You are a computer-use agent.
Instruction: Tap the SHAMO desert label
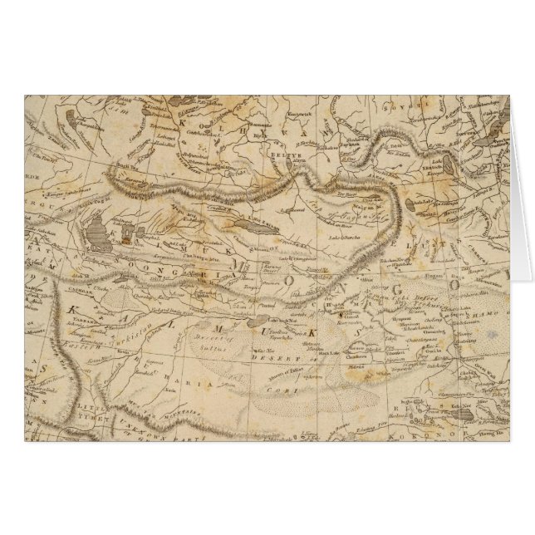pos(497,314)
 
